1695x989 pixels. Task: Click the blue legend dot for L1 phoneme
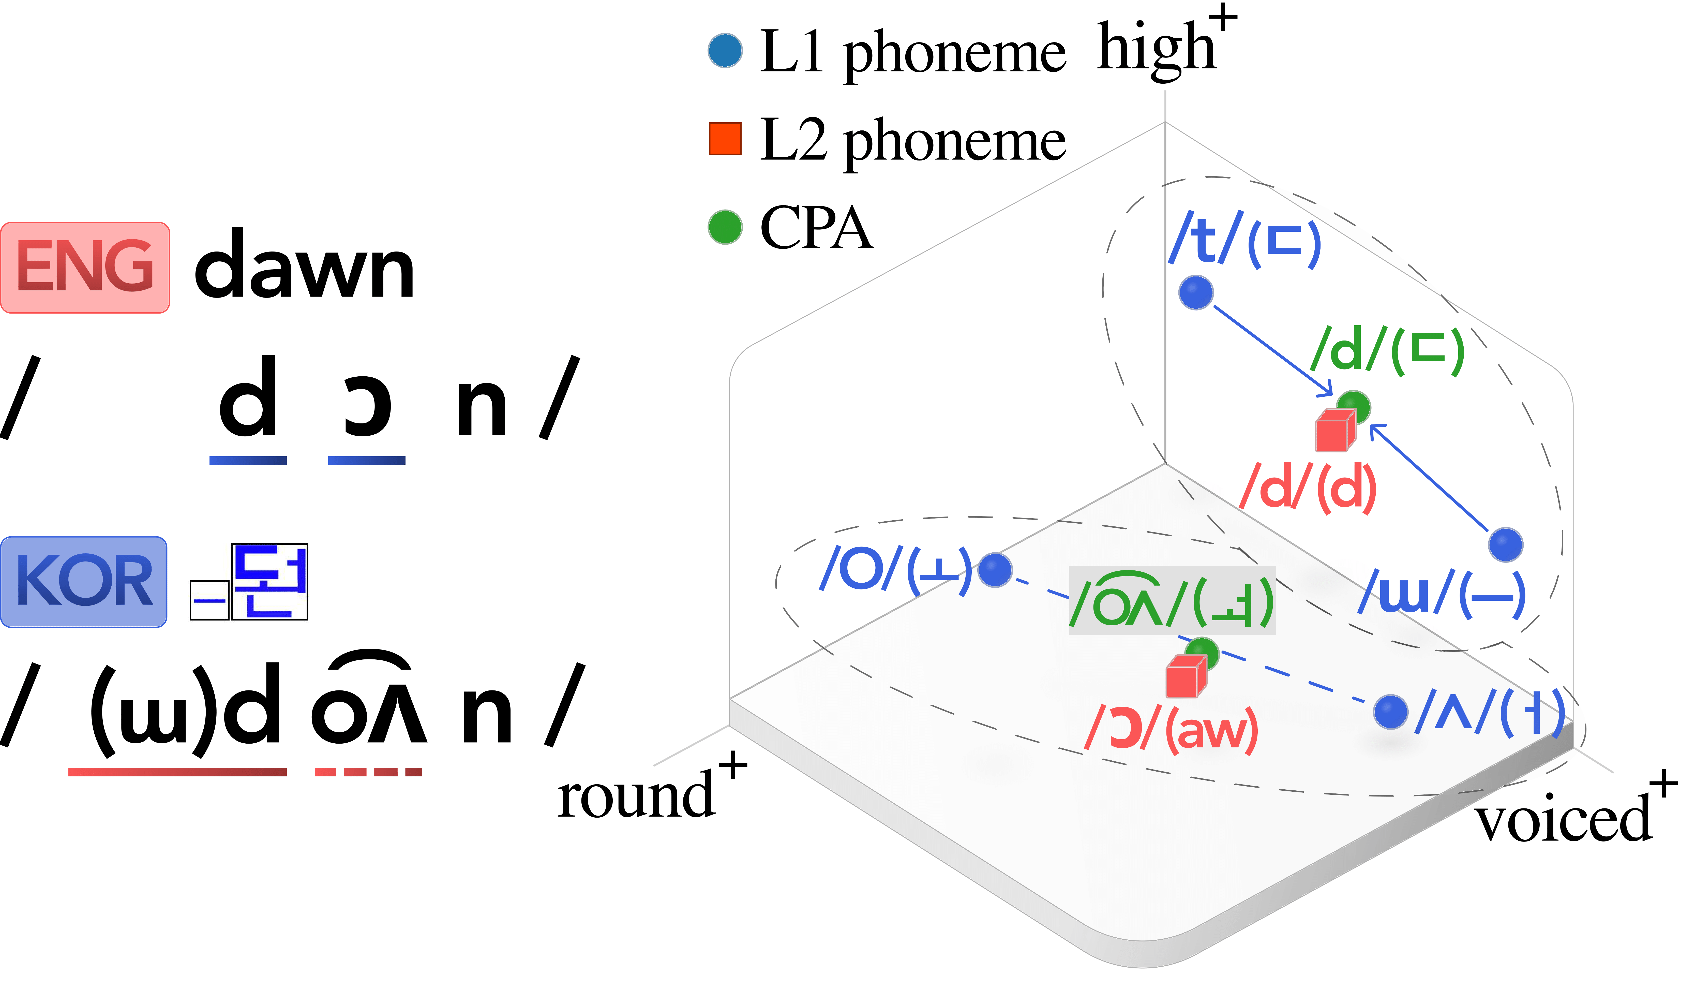pos(725,50)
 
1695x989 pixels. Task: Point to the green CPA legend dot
pos(725,227)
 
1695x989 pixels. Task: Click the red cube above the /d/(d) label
pos(1334,431)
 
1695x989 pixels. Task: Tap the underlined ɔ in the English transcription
pos(367,407)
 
